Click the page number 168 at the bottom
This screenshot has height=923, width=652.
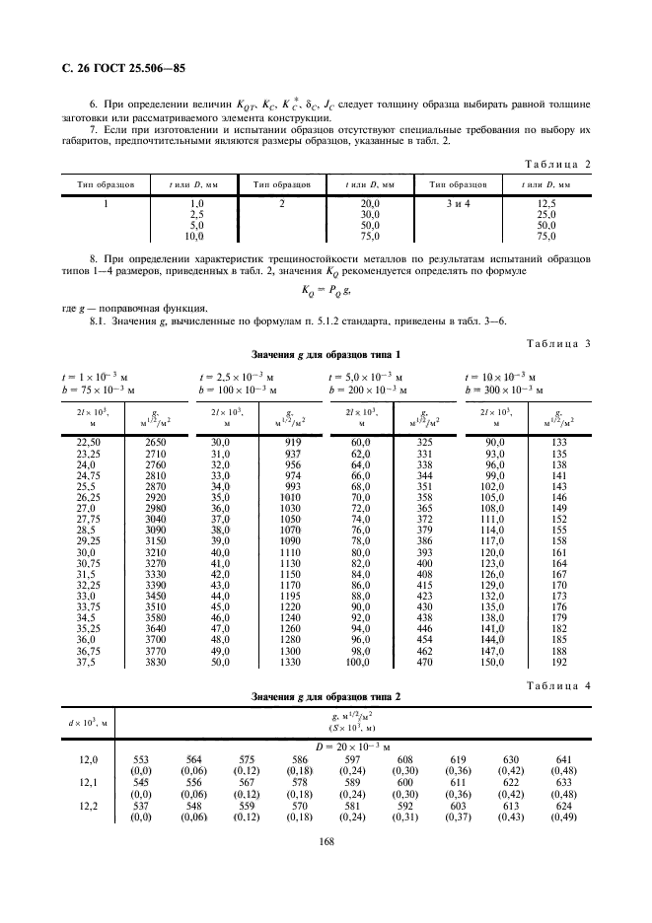(x=326, y=870)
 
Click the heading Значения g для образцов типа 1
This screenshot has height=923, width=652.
(x=326, y=354)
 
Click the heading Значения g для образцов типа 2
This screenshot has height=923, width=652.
(x=326, y=699)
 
